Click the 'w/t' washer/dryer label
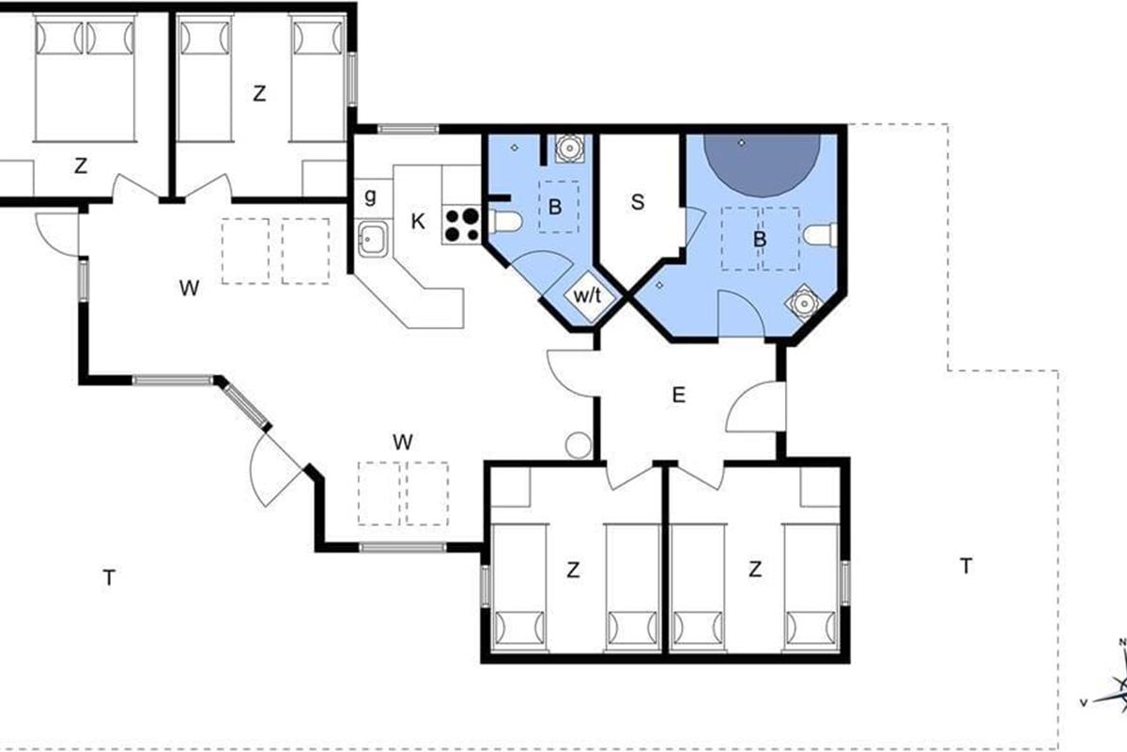pyautogui.click(x=587, y=296)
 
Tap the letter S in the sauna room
pyautogui.click(x=638, y=202)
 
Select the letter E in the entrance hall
pyautogui.click(x=679, y=395)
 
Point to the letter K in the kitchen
pyautogui.click(x=418, y=221)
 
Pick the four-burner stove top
pyautogui.click(x=462, y=226)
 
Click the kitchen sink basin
pyautogui.click(x=373, y=240)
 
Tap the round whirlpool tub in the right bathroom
pyautogui.click(x=762, y=165)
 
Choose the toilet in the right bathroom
pyautogui.click(x=820, y=235)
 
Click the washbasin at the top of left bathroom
pyautogui.click(x=569, y=149)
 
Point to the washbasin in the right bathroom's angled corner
pyautogui.click(x=804, y=304)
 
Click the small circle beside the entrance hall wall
pyautogui.click(x=579, y=446)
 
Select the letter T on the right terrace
pyautogui.click(x=965, y=566)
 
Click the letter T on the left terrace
pyautogui.click(x=109, y=577)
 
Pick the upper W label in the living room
pyautogui.click(x=189, y=288)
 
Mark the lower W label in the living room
pyautogui.click(x=403, y=442)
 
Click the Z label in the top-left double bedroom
pyautogui.click(x=81, y=165)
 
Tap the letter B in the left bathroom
pyautogui.click(x=555, y=207)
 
